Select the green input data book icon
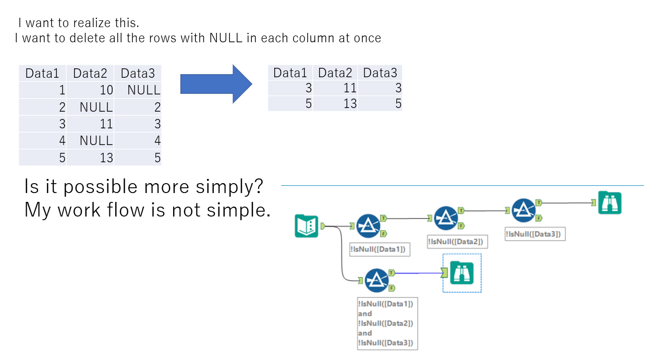(306, 226)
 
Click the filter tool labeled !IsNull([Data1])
(368, 226)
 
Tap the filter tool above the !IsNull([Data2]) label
(446, 218)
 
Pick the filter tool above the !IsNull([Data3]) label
(523, 210)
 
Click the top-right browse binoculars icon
(610, 203)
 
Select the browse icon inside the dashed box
(462, 273)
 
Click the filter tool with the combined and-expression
(376, 280)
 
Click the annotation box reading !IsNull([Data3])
(535, 234)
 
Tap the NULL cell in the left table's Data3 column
(144, 90)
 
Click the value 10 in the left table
(106, 90)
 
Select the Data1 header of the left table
(43, 74)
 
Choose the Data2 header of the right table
(335, 73)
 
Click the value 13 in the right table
(350, 104)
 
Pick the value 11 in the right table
(350, 88)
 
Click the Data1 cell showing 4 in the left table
(62, 141)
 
